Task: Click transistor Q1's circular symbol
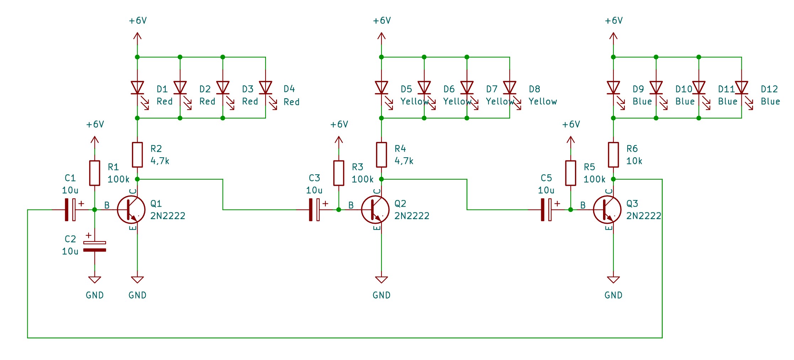coord(131,210)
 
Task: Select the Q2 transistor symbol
coord(375,210)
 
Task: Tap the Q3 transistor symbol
coord(607,210)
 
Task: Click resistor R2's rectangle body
coord(137,155)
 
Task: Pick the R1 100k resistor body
coord(95,173)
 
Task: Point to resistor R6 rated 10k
coord(613,155)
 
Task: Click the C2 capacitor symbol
coord(95,246)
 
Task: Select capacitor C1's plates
coord(70,210)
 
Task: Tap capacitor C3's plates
coord(314,210)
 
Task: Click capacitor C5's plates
coord(546,210)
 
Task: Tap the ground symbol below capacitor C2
coord(95,280)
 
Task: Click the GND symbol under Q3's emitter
coord(613,280)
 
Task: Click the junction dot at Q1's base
coord(95,210)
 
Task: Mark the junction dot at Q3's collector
coord(613,179)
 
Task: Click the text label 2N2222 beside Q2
coord(412,216)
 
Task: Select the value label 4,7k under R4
coord(404,161)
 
